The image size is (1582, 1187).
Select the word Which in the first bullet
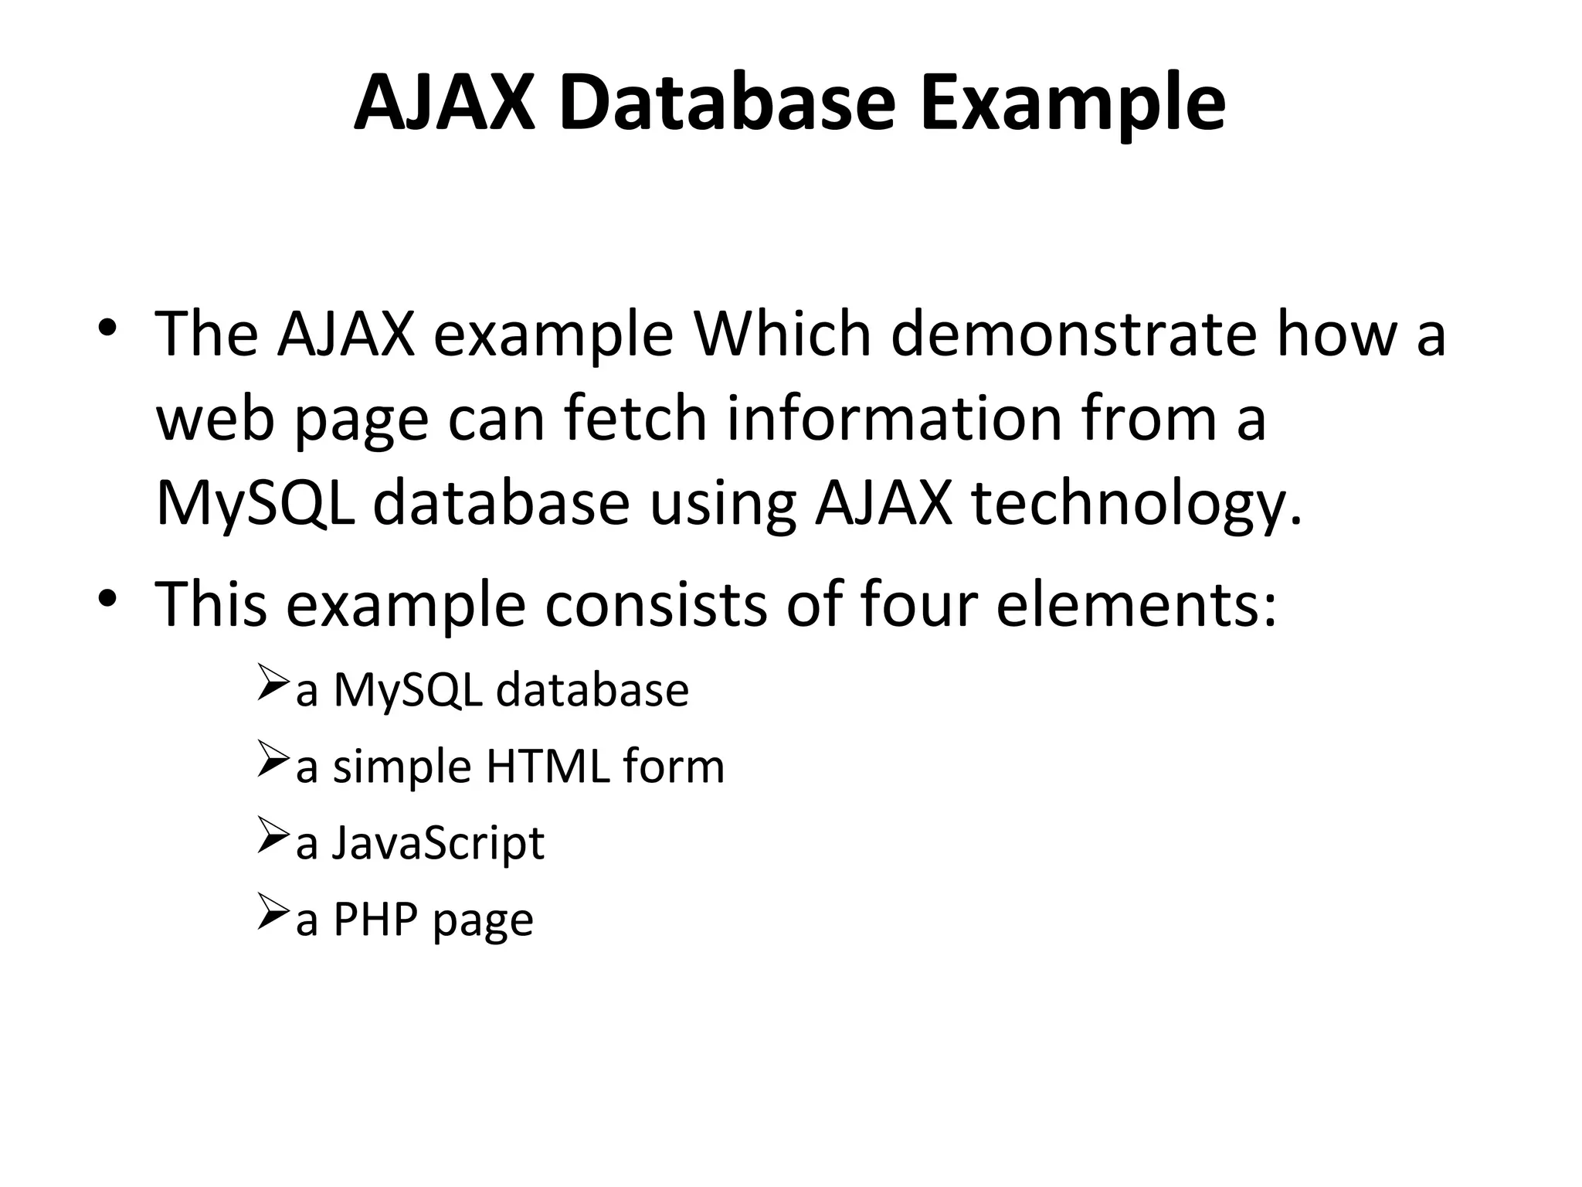pyautogui.click(x=782, y=334)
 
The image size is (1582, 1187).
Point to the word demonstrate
pyautogui.click(x=1074, y=334)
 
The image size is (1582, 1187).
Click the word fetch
pyautogui.click(x=635, y=418)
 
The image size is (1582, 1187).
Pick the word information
pyautogui.click(x=894, y=418)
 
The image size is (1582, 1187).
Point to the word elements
pyautogui.click(x=1136, y=604)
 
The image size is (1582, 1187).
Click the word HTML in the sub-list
pyautogui.click(x=548, y=767)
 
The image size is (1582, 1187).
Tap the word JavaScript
pyautogui.click(x=438, y=844)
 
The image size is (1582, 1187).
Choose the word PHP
pyautogui.click(x=375, y=920)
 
